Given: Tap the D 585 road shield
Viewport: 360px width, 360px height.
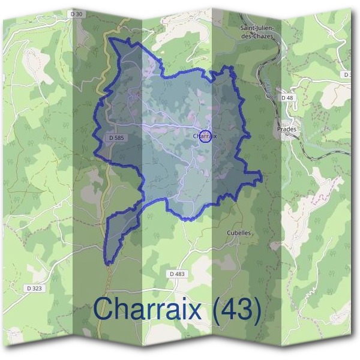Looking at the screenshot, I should pos(116,138).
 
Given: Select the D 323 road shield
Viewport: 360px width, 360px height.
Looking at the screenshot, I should pos(35,289).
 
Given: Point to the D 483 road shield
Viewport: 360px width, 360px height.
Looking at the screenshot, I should pos(178,274).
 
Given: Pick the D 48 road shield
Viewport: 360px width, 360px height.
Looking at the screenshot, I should pos(287,97).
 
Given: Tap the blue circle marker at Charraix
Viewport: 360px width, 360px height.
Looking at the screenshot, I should pos(206,136).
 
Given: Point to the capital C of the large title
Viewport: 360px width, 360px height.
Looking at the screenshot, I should pos(104,310).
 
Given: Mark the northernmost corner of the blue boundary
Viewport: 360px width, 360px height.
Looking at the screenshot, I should pos(127,39).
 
